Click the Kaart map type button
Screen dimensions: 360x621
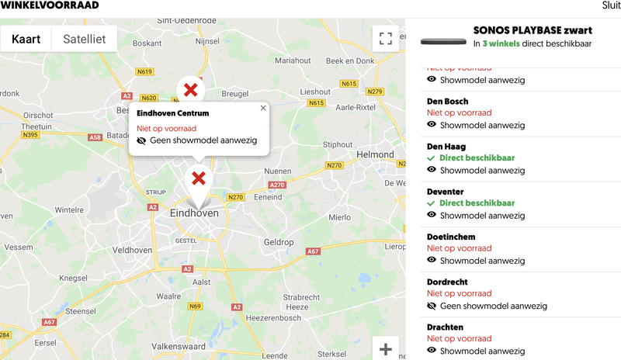26,38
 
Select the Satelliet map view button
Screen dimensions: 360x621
85,38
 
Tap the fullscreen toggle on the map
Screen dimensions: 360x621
385,38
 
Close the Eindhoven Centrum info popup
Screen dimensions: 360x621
263,109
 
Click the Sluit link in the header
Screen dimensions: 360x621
611,5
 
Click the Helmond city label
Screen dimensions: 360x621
375,154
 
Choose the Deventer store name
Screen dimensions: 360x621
446,192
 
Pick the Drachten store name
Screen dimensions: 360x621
446,327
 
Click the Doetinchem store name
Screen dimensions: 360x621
451,237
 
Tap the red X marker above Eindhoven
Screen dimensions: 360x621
199,178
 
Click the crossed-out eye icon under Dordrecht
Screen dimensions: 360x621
432,306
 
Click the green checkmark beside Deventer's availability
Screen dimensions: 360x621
432,203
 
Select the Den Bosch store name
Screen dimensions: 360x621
448,102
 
